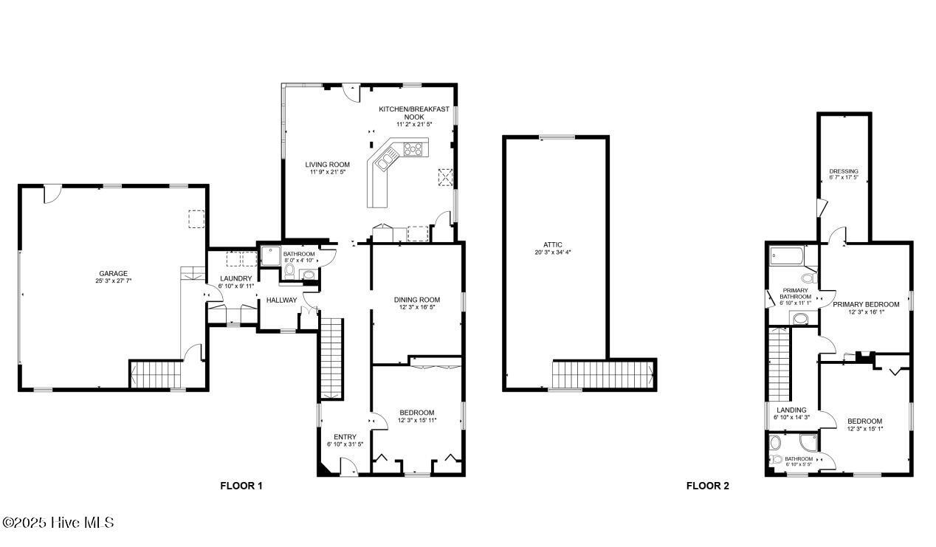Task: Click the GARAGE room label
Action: pos(113,274)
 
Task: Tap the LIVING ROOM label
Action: pos(327,165)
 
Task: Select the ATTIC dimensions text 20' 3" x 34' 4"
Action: pos(553,252)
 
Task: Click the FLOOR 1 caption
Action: pos(241,486)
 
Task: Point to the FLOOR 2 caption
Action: pos(707,486)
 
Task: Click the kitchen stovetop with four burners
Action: pos(413,149)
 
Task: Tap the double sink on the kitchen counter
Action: pos(385,162)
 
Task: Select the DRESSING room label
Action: pos(844,171)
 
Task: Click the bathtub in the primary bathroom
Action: pos(787,255)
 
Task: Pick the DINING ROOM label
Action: pos(416,300)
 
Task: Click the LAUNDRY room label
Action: pos(235,279)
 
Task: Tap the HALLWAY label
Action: pos(282,300)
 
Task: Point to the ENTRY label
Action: pos(345,437)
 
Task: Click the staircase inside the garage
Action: pos(156,374)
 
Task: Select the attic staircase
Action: pos(602,374)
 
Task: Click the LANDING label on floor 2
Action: pos(791,410)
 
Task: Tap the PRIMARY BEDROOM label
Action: pos(866,304)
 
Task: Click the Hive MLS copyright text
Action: pos(58,523)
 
